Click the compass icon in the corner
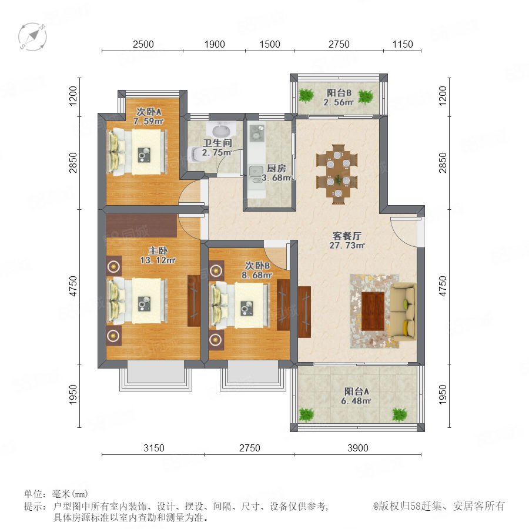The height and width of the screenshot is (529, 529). point(32,36)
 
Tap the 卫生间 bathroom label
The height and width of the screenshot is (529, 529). point(217,143)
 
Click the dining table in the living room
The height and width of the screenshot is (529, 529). point(337,174)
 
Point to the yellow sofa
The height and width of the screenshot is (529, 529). point(403,312)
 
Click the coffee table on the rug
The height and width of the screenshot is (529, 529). point(373,311)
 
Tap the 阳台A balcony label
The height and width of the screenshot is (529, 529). point(357,391)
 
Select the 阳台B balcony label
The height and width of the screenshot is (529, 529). point(339,92)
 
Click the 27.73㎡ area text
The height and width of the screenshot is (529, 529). point(347,245)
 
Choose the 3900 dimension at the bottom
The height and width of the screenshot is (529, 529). point(357,448)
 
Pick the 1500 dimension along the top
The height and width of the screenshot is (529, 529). point(270,44)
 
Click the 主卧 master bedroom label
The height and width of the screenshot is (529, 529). point(158,250)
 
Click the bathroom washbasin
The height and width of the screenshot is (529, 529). point(222,129)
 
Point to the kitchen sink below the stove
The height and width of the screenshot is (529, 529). point(256,173)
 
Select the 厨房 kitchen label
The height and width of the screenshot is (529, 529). point(276,168)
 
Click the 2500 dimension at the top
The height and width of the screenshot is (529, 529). point(143,44)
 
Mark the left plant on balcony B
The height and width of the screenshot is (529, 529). point(306,95)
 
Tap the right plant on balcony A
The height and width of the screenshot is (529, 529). point(400,414)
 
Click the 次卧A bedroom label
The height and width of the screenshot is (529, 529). point(149,111)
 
